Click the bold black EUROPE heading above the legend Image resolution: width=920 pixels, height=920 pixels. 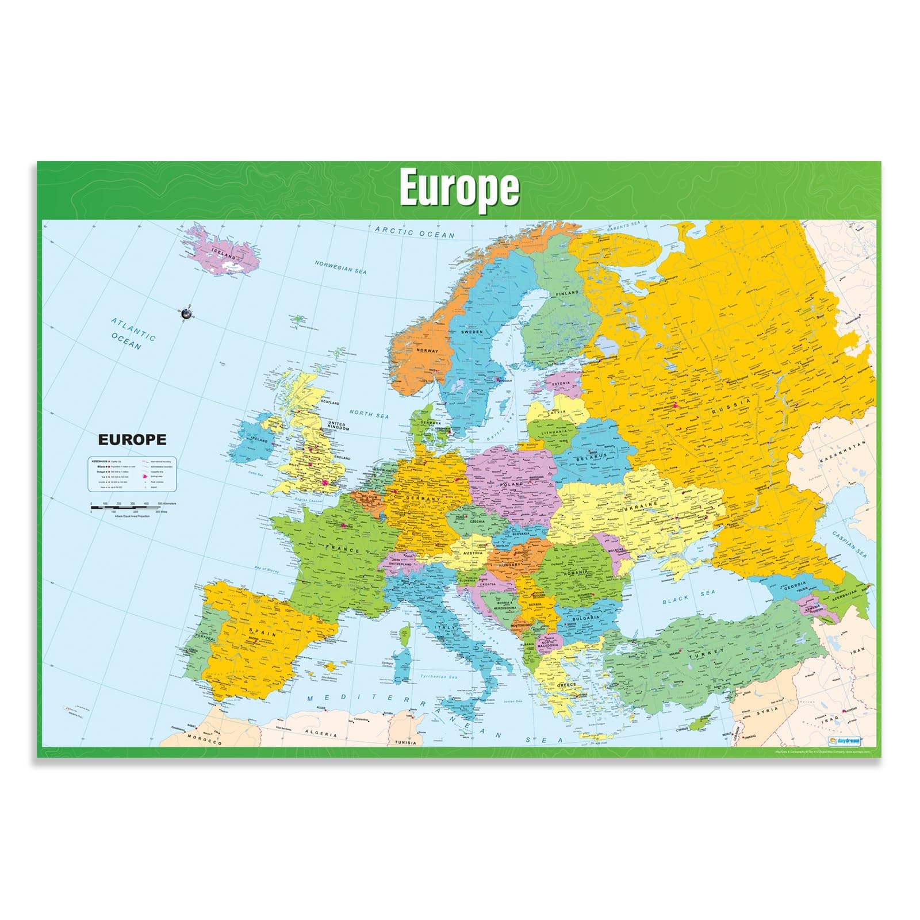tap(132, 440)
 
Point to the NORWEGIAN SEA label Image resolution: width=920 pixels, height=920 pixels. tap(340, 267)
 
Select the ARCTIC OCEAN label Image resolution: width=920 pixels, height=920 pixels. tap(415, 232)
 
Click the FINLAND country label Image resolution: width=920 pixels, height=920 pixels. tap(567, 293)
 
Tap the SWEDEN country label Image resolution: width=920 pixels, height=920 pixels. tap(472, 332)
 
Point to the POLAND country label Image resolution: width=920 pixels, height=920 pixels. tap(511, 484)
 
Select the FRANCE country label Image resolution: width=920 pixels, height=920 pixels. tap(343, 549)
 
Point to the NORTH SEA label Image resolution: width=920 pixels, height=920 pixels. tap(369, 414)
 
